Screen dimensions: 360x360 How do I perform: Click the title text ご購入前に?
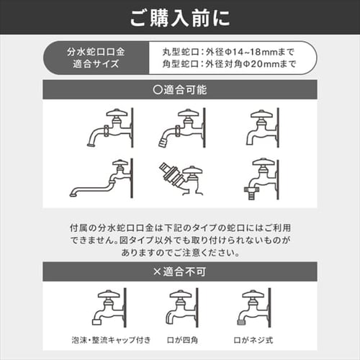pos(180,17)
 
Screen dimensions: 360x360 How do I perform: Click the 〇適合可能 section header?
pos(180,92)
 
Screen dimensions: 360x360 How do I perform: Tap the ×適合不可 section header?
pos(180,272)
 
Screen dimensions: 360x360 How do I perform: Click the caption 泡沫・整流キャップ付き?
pos(108,340)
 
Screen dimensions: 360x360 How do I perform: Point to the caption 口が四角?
pos(180,340)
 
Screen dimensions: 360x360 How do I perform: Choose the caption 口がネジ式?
pos(252,340)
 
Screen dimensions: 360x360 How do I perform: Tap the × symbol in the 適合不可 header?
pos(156,272)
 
